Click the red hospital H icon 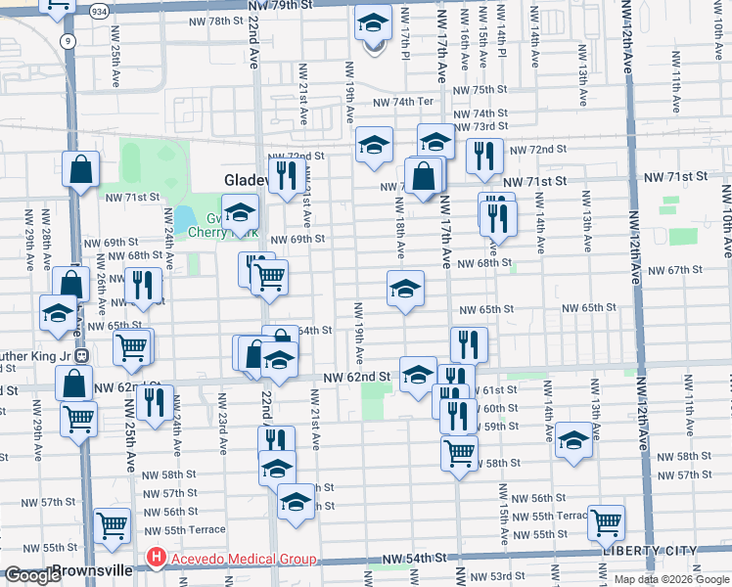point(155,559)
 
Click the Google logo point(32,575)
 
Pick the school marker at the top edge point(373,23)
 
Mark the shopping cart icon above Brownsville point(113,524)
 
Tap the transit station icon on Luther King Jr point(82,356)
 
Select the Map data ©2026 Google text point(670,579)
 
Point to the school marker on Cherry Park point(240,211)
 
